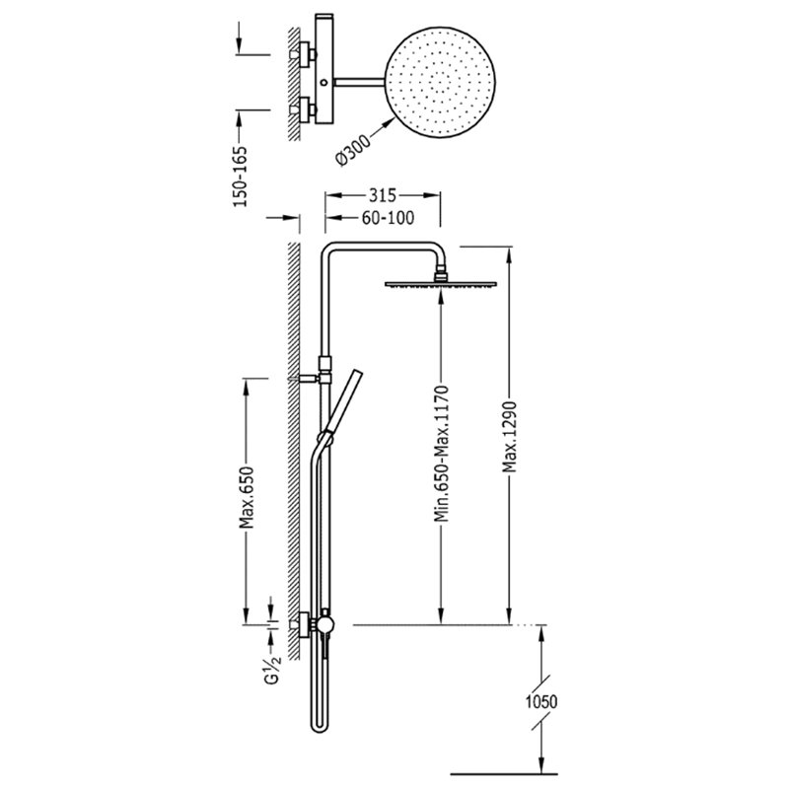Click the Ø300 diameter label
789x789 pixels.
point(353,147)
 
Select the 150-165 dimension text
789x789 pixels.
point(241,177)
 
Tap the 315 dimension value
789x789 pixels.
point(383,194)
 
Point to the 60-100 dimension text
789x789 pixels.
point(388,217)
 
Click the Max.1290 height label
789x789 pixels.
point(510,437)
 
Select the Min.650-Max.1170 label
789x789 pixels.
point(441,454)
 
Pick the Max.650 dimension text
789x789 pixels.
point(246,498)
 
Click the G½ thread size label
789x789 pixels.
point(272,672)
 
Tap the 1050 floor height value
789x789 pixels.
point(541,701)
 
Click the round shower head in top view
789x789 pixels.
point(440,82)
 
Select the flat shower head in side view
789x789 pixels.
point(441,284)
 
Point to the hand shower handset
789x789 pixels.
point(343,401)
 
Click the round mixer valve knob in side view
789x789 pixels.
point(325,624)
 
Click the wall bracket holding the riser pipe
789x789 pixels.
point(310,378)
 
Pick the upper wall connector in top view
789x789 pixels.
point(304,53)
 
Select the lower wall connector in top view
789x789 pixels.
point(304,109)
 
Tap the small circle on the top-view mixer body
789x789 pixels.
point(324,82)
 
